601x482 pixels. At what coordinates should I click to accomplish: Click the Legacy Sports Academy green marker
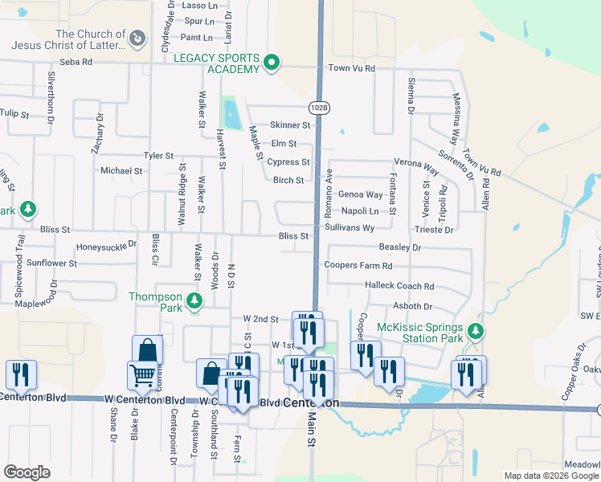tap(272, 62)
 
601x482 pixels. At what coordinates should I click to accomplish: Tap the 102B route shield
tap(319, 107)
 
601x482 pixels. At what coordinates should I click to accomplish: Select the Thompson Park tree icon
tap(194, 301)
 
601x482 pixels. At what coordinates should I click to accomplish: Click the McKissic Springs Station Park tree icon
tap(476, 330)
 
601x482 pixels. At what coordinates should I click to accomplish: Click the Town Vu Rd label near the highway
tap(352, 68)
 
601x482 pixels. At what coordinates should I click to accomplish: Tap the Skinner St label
tap(290, 125)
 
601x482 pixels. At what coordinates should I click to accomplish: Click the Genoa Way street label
tap(360, 194)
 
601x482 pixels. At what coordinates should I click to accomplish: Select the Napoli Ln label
tap(359, 211)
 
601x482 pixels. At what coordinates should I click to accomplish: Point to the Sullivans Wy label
tap(350, 228)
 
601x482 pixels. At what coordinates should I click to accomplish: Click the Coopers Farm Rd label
tap(358, 266)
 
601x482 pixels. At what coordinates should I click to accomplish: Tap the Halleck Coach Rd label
tap(399, 286)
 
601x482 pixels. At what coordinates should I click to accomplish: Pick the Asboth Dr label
tap(413, 306)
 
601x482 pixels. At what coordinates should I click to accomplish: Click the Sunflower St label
tap(51, 263)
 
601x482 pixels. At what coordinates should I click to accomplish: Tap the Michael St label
tap(121, 171)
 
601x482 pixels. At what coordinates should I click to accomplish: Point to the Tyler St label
tap(158, 155)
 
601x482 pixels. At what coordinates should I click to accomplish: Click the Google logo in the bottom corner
tap(27, 472)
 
